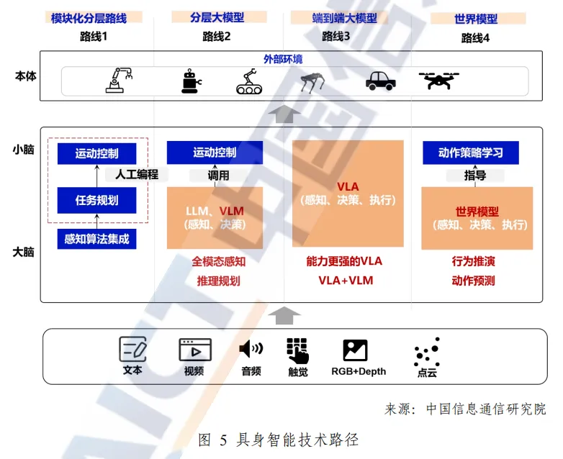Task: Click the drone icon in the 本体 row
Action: pyautogui.click(x=439, y=80)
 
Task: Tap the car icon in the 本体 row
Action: pyautogui.click(x=379, y=80)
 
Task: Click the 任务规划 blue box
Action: pyautogui.click(x=96, y=200)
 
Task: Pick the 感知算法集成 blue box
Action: pyautogui.click(x=96, y=239)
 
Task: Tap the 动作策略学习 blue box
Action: pyautogui.click(x=469, y=153)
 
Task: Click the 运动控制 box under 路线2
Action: pyautogui.click(x=214, y=153)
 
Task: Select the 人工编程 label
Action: pyautogui.click(x=137, y=174)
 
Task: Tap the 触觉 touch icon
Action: pyautogui.click(x=297, y=351)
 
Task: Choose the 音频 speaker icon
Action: pyautogui.click(x=251, y=350)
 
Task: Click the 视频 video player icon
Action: pyautogui.click(x=194, y=350)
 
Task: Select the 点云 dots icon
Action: pyautogui.click(x=427, y=352)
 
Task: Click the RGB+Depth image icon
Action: pyautogui.click(x=355, y=350)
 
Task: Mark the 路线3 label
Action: pyautogui.click(x=335, y=37)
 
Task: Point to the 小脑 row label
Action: pyautogui.click(x=24, y=150)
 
